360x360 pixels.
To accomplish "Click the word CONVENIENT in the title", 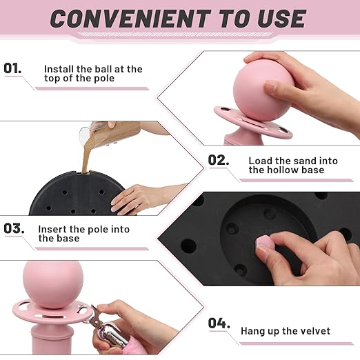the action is click(130, 19).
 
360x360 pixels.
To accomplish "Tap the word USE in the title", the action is click(281, 19).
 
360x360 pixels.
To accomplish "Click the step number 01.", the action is click(12, 68).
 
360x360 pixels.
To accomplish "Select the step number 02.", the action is click(219, 160).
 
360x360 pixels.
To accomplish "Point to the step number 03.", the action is click(14, 228).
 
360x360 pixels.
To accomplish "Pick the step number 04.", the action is click(219, 323).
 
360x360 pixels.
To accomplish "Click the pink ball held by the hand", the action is click(261, 90).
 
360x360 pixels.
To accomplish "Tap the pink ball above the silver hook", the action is click(53, 285).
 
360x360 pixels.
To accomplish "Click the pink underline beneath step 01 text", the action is click(92, 88).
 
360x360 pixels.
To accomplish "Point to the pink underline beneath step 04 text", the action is click(297, 343).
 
